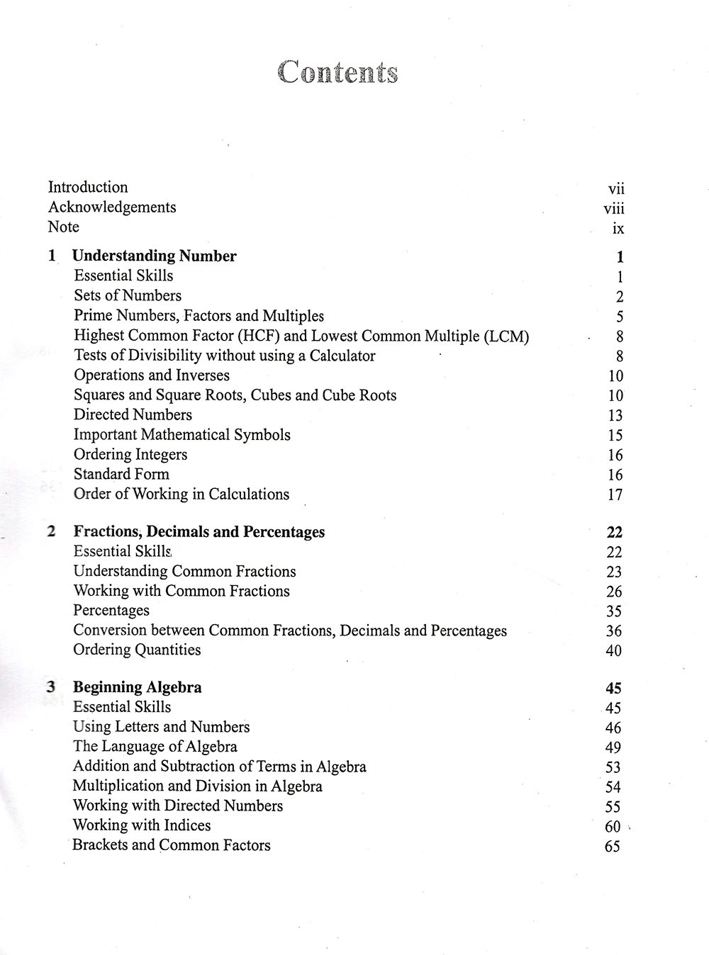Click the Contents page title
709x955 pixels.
click(x=337, y=72)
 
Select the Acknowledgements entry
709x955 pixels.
click(x=112, y=208)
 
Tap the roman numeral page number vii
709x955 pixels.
click(x=616, y=188)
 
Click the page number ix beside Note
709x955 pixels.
click(x=618, y=228)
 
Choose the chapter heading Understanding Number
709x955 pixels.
click(x=155, y=256)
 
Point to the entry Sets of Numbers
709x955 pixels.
click(x=128, y=295)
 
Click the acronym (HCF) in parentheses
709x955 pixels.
click(x=257, y=336)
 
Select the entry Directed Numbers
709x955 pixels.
click(x=133, y=414)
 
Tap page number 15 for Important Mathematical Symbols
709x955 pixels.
click(x=615, y=435)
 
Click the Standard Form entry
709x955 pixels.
click(x=121, y=474)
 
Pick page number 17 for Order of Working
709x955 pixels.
click(x=615, y=495)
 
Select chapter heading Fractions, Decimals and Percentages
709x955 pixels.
click(x=199, y=531)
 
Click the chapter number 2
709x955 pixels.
click(x=51, y=531)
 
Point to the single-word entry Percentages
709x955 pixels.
click(x=111, y=610)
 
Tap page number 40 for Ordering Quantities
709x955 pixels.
click(x=613, y=650)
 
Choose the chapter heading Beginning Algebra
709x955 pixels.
click(x=138, y=686)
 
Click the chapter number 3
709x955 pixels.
click(x=51, y=686)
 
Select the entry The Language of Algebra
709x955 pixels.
click(x=155, y=746)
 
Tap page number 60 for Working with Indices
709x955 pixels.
click(x=613, y=826)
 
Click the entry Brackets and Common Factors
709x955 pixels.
click(x=172, y=844)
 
